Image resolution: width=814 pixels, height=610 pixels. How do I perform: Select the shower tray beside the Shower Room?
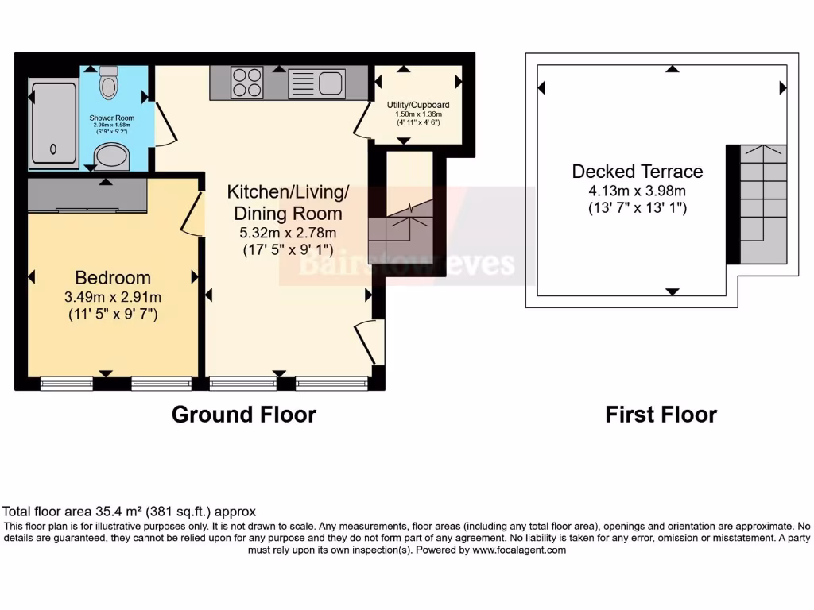[x=53, y=123]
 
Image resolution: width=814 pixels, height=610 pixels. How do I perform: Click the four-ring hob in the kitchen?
[x=247, y=83]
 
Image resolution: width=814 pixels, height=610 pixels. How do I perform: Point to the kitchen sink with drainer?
[x=316, y=83]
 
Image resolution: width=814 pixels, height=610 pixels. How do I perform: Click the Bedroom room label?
[x=113, y=278]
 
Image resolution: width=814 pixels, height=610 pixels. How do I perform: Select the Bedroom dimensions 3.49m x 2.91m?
[x=113, y=297]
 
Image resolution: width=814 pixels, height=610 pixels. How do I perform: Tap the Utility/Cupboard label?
[x=418, y=105]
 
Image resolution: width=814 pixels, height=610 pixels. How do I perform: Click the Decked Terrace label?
[x=638, y=172]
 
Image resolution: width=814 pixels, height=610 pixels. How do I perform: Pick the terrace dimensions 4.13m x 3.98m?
[x=638, y=191]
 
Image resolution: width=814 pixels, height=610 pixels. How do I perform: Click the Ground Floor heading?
[x=244, y=415]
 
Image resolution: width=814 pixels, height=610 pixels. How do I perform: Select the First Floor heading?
[x=661, y=415]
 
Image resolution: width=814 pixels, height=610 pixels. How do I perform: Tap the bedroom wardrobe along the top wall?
[x=87, y=196]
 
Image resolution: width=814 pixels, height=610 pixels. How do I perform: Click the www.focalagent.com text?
[x=519, y=550]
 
